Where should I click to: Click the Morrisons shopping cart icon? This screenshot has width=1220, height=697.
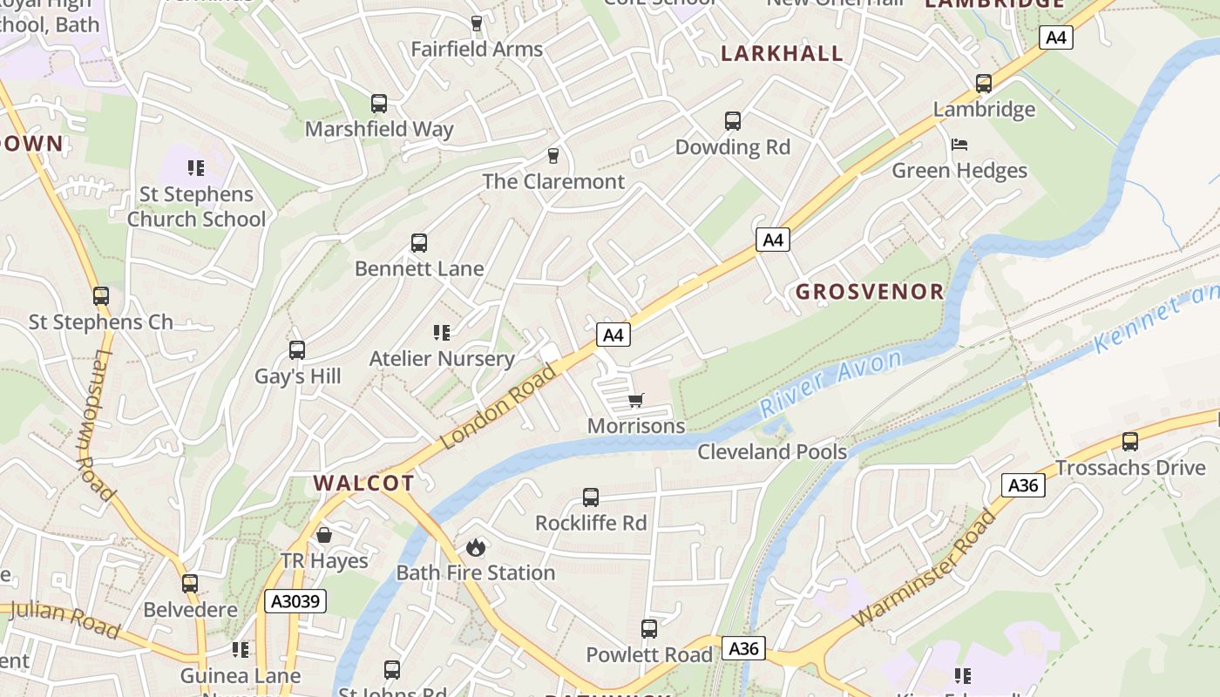(x=635, y=401)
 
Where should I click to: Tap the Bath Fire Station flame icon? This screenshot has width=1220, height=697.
(x=475, y=547)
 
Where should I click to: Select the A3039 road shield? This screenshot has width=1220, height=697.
(x=295, y=601)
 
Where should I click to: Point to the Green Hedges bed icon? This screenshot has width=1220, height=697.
(x=959, y=145)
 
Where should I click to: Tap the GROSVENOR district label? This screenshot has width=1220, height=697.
(x=869, y=292)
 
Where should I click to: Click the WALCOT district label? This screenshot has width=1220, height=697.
(x=363, y=483)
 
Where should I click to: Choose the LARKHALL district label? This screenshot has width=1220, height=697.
(x=782, y=53)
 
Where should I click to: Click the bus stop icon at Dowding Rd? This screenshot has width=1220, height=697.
(x=732, y=121)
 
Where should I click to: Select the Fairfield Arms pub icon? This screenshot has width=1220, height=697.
(x=476, y=24)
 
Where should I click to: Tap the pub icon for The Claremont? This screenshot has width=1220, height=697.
(x=552, y=156)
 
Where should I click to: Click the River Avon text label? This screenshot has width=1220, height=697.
(x=830, y=383)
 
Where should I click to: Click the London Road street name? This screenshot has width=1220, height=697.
(x=498, y=407)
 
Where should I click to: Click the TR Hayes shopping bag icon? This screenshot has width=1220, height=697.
(x=324, y=534)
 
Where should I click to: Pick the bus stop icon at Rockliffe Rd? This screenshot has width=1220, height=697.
(x=590, y=497)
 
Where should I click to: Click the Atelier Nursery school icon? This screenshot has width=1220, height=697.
(x=441, y=332)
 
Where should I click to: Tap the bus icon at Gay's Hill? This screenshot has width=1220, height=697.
(x=296, y=350)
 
